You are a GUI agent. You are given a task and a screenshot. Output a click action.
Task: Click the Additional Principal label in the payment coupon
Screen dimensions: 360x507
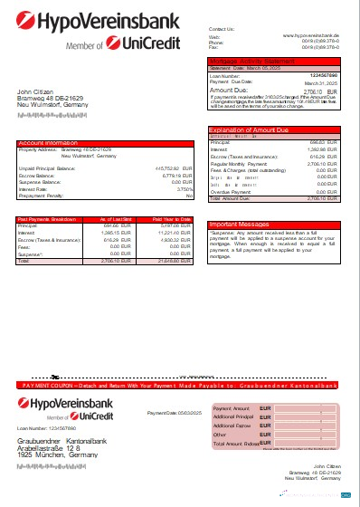232,417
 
